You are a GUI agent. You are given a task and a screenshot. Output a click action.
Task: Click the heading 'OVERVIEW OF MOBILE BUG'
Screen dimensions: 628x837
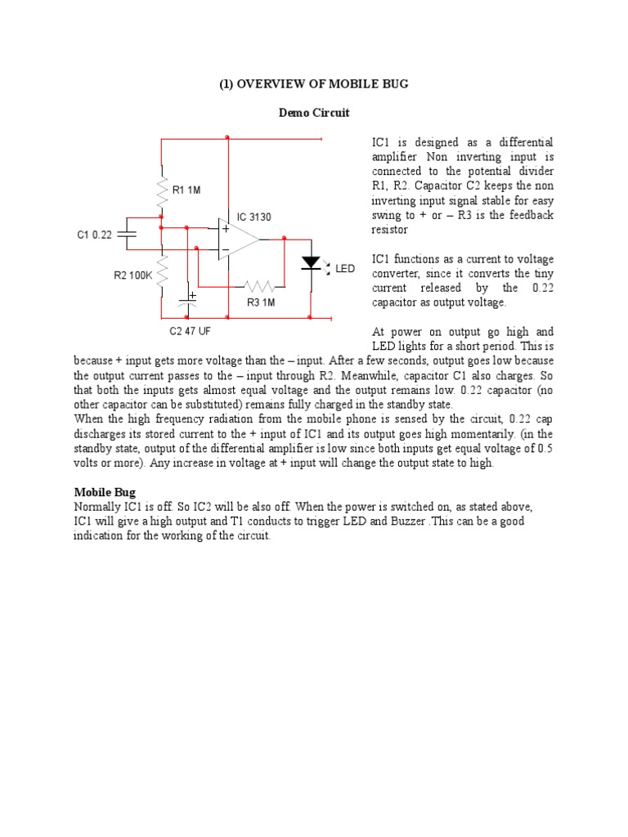pyautogui.click(x=313, y=84)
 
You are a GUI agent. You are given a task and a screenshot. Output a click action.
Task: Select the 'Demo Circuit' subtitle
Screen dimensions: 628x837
pyautogui.click(x=314, y=113)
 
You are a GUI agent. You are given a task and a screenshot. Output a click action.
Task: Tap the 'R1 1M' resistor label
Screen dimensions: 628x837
pyautogui.click(x=186, y=190)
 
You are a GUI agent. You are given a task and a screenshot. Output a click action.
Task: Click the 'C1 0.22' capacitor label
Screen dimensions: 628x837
pyautogui.click(x=94, y=235)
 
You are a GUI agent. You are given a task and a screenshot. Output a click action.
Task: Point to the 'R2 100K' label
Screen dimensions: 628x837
pyautogui.click(x=132, y=275)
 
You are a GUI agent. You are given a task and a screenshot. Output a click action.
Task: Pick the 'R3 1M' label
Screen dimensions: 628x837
pyautogui.click(x=261, y=302)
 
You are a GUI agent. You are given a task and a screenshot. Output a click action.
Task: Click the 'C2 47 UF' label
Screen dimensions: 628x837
pyautogui.click(x=191, y=332)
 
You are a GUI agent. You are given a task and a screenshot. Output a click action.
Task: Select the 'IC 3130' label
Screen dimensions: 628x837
pyautogui.click(x=253, y=217)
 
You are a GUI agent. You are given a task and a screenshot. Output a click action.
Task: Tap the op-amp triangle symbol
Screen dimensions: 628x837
pyautogui.click(x=238, y=239)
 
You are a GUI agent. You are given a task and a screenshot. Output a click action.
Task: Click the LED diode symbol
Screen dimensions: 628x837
pyautogui.click(x=311, y=262)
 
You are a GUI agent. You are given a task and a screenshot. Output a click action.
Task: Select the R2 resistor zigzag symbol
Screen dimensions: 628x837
pyautogui.click(x=162, y=272)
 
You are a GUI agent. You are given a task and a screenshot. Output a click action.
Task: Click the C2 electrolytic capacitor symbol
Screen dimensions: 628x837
pyautogui.click(x=191, y=301)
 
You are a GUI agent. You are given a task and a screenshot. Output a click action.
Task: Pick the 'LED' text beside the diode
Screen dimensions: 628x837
pyautogui.click(x=345, y=269)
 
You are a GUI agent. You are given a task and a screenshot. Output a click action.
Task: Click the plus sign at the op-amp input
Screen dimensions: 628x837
pyautogui.click(x=225, y=230)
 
